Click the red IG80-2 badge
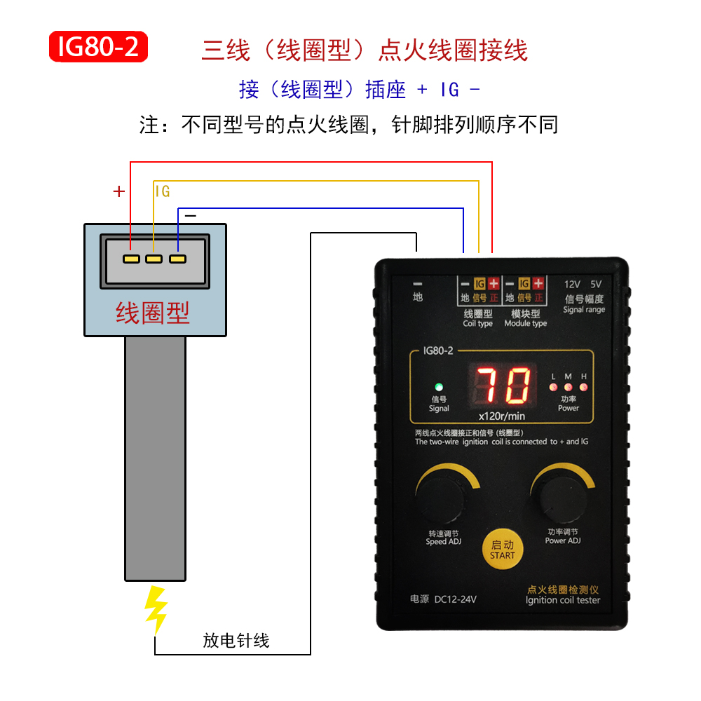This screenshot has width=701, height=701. [98, 46]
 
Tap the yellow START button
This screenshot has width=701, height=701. [503, 550]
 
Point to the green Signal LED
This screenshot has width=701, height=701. [439, 387]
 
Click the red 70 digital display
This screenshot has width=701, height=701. [503, 385]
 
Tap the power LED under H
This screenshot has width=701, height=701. [583, 387]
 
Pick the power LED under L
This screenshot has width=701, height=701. [554, 387]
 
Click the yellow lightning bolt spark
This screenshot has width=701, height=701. [156, 610]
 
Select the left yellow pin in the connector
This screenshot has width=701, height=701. [132, 259]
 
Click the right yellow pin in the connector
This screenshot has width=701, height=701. [177, 259]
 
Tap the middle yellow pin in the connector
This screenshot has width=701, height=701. [154, 259]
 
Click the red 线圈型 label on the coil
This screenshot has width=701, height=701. [153, 313]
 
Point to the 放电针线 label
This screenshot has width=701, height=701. [236, 641]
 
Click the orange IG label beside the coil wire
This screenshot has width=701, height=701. [163, 191]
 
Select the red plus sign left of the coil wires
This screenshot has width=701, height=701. [119, 191]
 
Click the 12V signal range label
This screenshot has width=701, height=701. [572, 285]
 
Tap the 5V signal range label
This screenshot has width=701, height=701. [596, 285]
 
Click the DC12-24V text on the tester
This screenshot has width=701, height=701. [456, 599]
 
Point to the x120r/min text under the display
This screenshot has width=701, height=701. [502, 416]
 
